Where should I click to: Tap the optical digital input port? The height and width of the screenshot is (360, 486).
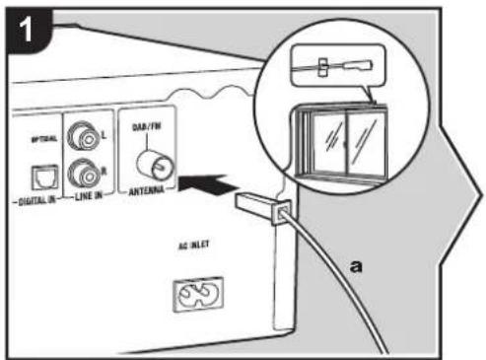click(x=41, y=175)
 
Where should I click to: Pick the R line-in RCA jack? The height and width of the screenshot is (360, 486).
click(x=80, y=174)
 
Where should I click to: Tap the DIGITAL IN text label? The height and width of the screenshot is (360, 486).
click(x=36, y=203)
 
